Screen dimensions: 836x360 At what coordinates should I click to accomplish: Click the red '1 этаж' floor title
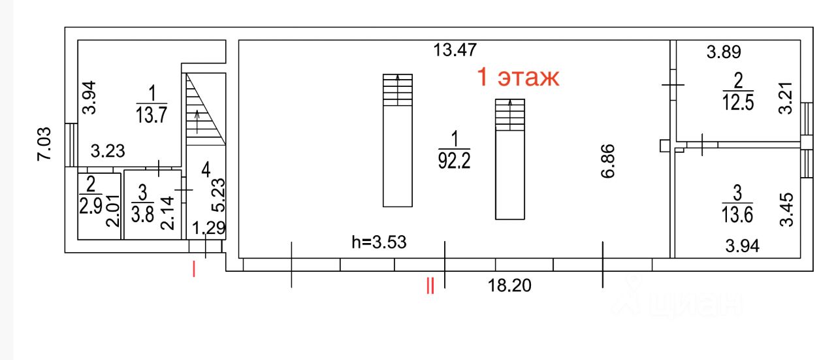518,78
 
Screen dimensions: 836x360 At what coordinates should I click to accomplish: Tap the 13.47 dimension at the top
455,50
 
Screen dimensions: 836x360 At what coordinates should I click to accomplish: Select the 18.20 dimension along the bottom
509,286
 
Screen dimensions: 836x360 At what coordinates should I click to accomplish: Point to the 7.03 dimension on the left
44,144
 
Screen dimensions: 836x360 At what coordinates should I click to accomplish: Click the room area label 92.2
454,161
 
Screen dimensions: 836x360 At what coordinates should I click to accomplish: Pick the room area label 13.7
151,114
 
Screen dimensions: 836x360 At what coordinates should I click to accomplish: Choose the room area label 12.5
738,102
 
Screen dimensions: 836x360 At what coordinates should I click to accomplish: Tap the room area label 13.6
737,214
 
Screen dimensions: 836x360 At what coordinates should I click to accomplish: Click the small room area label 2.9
90,205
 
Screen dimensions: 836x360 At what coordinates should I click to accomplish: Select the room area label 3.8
142,214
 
